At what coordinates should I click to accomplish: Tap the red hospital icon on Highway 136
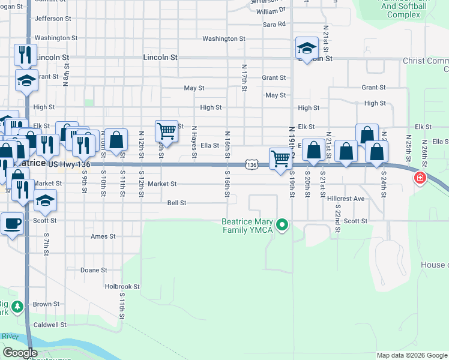click(420, 178)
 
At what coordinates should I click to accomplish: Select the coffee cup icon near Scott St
click(11, 224)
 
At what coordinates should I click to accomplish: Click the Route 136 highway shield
click(252, 164)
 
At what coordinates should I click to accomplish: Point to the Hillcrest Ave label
click(346, 199)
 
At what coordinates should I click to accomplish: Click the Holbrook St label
click(122, 287)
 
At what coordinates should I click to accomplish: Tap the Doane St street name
click(94, 270)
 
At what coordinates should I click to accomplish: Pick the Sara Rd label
click(274, 25)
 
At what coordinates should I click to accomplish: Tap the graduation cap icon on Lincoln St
click(307, 49)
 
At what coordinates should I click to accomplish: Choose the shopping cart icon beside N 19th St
click(280, 159)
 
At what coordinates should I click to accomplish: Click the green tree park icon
click(17, 307)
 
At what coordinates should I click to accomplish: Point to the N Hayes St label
click(194, 143)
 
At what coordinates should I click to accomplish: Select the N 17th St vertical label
click(244, 78)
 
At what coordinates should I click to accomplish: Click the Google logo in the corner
click(20, 353)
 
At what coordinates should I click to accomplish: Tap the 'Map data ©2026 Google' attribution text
click(412, 355)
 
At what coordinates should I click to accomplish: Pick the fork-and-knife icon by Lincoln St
click(25, 54)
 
